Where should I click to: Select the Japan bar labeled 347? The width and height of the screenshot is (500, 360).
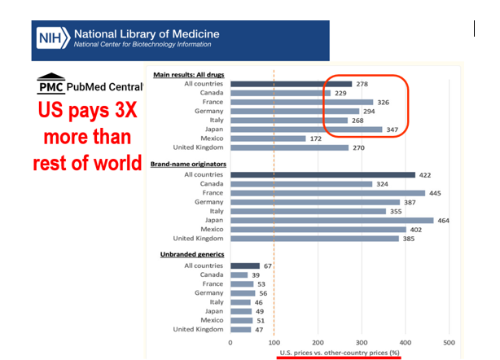(305, 130)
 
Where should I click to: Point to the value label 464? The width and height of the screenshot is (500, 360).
(467, 220)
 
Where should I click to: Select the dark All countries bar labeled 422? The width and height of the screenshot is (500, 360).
(322, 174)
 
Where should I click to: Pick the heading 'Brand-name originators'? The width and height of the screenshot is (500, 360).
(190, 164)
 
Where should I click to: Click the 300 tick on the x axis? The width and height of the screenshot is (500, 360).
(362, 343)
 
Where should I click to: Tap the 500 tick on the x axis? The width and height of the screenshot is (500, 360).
(449, 343)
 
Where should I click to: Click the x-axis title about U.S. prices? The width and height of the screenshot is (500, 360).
(339, 353)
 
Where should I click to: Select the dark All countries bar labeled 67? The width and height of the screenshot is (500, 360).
(245, 266)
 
